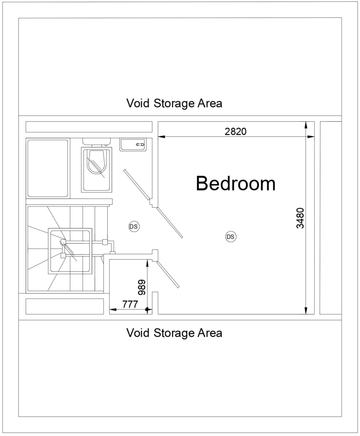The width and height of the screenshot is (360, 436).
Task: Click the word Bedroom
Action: point(236,184)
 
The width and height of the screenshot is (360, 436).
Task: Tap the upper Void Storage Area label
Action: point(174,103)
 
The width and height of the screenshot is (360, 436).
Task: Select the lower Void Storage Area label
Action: point(174,333)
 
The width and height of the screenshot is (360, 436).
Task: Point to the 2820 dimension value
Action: point(236,132)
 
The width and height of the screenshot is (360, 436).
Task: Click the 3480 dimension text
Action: point(300,218)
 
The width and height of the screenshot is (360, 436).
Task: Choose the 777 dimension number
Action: point(130,304)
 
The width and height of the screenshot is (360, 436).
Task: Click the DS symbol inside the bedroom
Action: point(230,237)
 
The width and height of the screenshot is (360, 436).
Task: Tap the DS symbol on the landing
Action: point(133,227)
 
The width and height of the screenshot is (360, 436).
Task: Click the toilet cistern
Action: point(97,141)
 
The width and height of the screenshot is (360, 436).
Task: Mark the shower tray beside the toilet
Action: point(48,169)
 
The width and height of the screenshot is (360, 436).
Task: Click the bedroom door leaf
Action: point(170,223)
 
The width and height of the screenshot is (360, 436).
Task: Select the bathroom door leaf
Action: point(136,184)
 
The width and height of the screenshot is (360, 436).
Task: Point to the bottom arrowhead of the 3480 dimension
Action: point(305,312)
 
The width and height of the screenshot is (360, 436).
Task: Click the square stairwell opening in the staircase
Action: point(70,251)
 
